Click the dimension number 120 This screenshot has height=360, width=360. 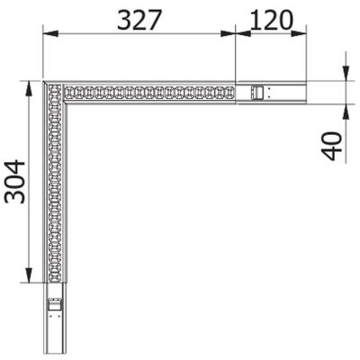tap(273, 19)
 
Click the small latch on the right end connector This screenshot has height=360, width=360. tap(257, 92)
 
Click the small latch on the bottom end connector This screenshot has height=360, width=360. tap(55, 304)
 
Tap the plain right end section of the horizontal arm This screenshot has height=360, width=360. tap(286, 92)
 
